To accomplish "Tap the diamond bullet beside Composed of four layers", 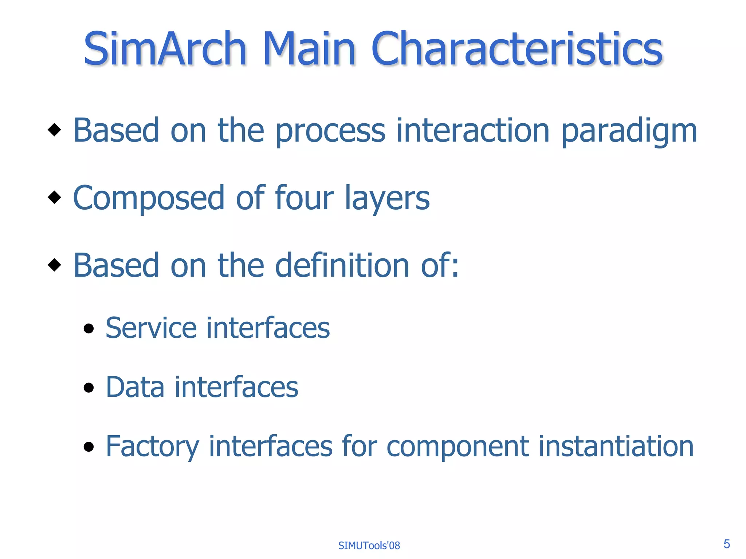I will point(54,197).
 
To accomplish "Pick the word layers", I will point(387,199).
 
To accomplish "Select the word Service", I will point(151,328).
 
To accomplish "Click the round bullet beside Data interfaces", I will point(89,388).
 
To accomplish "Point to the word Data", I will point(135,387).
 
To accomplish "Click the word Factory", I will point(152,447).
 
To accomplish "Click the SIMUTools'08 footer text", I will point(369,546).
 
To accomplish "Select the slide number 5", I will point(726,544).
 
